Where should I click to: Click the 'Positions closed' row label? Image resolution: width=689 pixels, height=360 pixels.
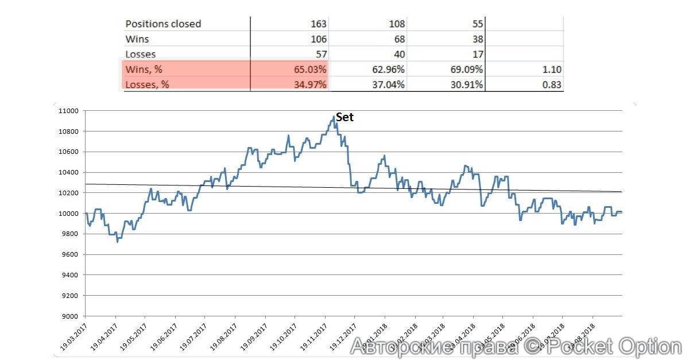pos(163,24)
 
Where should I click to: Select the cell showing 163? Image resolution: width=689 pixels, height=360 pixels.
pos(318,24)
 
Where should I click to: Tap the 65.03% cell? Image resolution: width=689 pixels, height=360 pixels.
pos(309,69)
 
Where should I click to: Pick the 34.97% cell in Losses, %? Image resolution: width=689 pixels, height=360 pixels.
pos(309,84)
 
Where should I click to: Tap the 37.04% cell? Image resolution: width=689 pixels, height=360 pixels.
pos(388,84)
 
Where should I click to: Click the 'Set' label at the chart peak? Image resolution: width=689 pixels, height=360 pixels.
pos(344,117)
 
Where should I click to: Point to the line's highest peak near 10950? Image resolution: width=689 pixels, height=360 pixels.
pos(334,117)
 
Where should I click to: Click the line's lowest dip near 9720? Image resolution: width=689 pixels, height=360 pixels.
pos(117,242)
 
